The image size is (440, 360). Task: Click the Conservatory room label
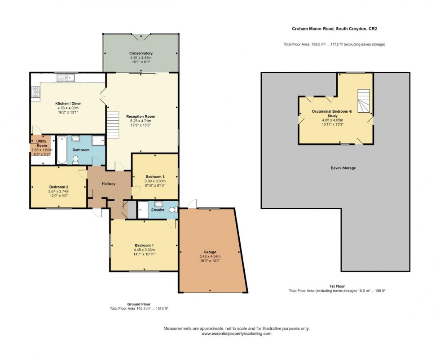141,53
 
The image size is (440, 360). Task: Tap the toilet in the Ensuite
172,209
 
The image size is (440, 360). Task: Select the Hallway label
109,184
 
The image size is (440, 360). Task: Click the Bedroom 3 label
155,176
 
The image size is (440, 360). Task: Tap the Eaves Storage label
343,168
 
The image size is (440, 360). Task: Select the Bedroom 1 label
144,245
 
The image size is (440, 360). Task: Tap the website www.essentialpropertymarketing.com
237,334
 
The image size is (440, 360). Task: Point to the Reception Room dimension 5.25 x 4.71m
141,121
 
